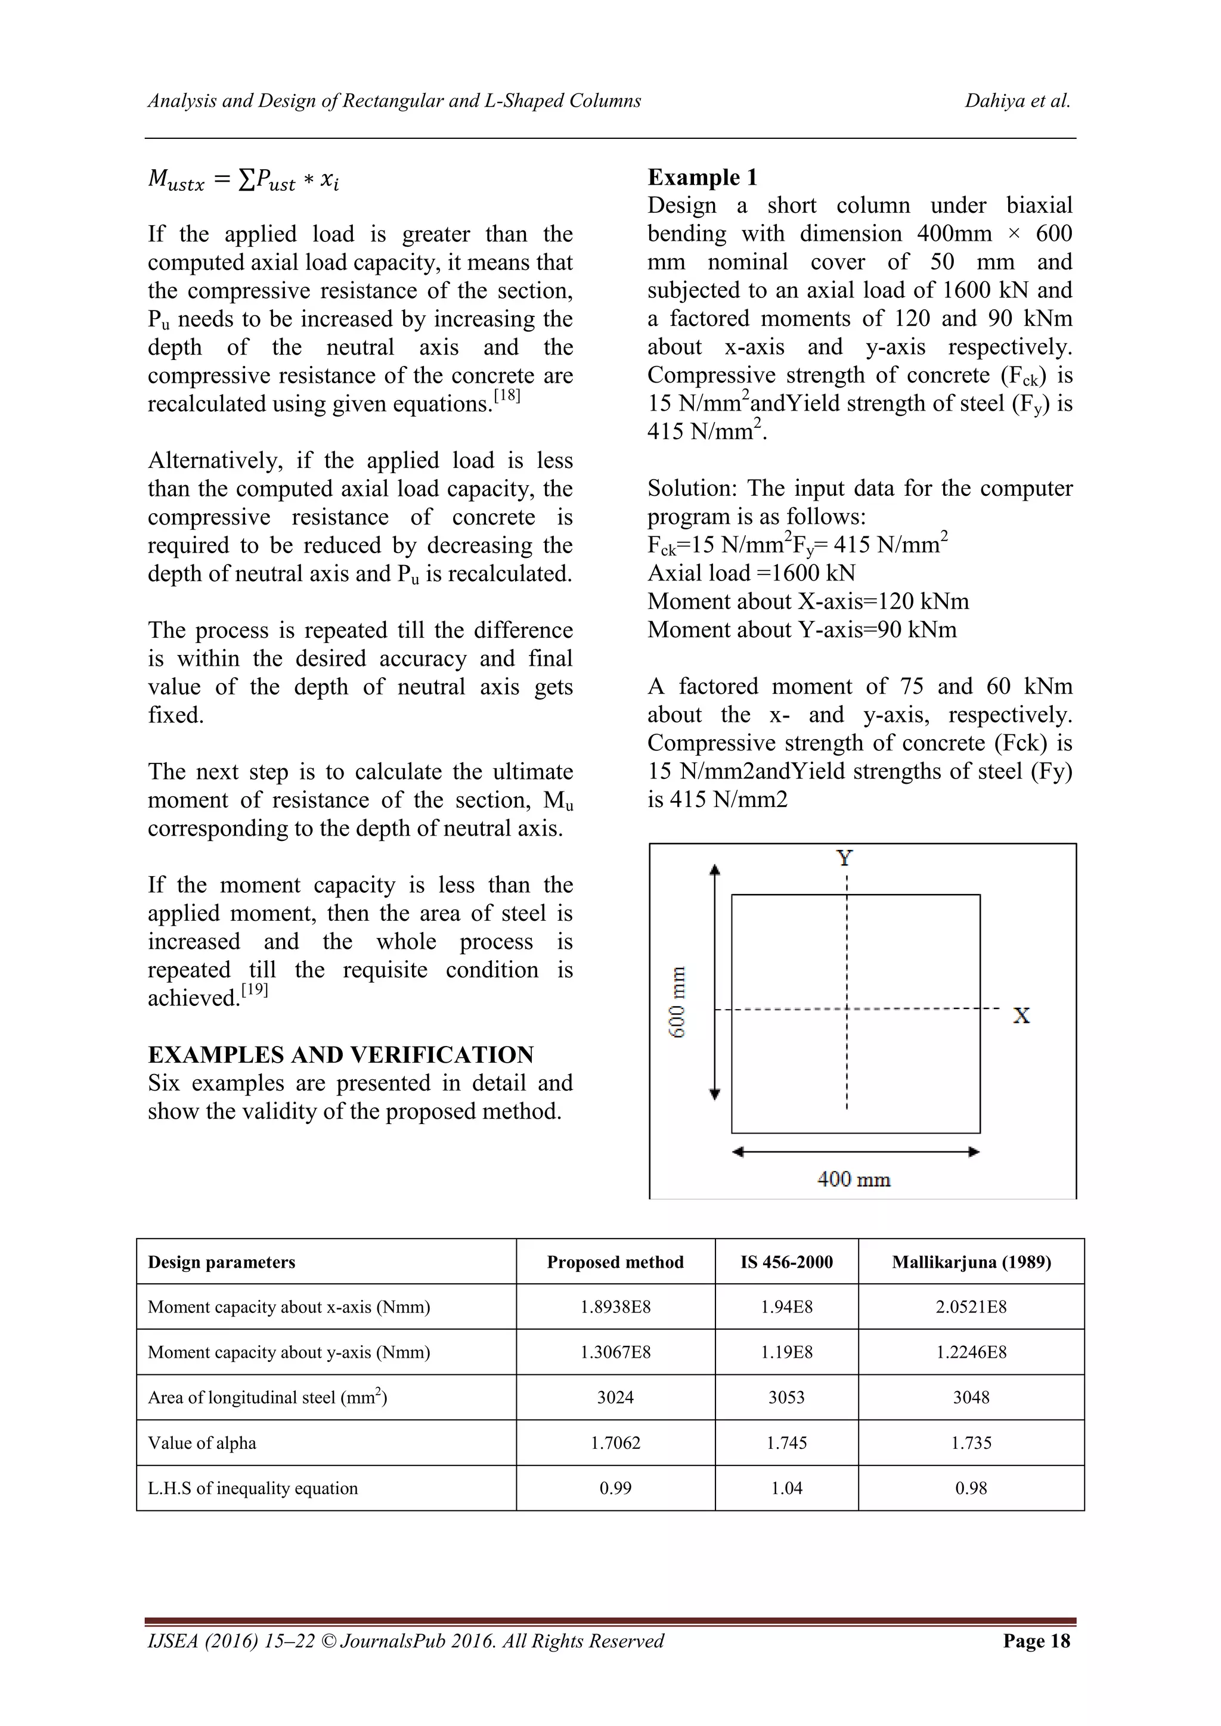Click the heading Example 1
pyautogui.click(x=702, y=178)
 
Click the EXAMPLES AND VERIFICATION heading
pyautogui.click(x=340, y=1055)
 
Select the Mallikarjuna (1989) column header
pyautogui.click(x=971, y=1262)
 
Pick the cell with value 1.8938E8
pyautogui.click(x=615, y=1307)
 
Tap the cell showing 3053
pyautogui.click(x=786, y=1398)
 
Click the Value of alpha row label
pyautogui.click(x=202, y=1442)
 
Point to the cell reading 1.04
pyautogui.click(x=786, y=1488)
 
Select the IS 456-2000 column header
pyautogui.click(x=786, y=1262)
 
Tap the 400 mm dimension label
pyautogui.click(x=853, y=1179)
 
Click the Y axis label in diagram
pyautogui.click(x=845, y=858)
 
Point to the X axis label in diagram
pyautogui.click(x=1021, y=1016)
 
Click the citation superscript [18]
pyautogui.click(x=507, y=395)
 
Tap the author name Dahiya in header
pyautogui.click(x=994, y=101)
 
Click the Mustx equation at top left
pyautogui.click(x=244, y=179)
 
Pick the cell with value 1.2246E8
pyautogui.click(x=971, y=1352)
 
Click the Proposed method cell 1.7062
pyautogui.click(x=615, y=1442)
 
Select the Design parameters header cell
pyautogui.click(x=222, y=1262)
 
